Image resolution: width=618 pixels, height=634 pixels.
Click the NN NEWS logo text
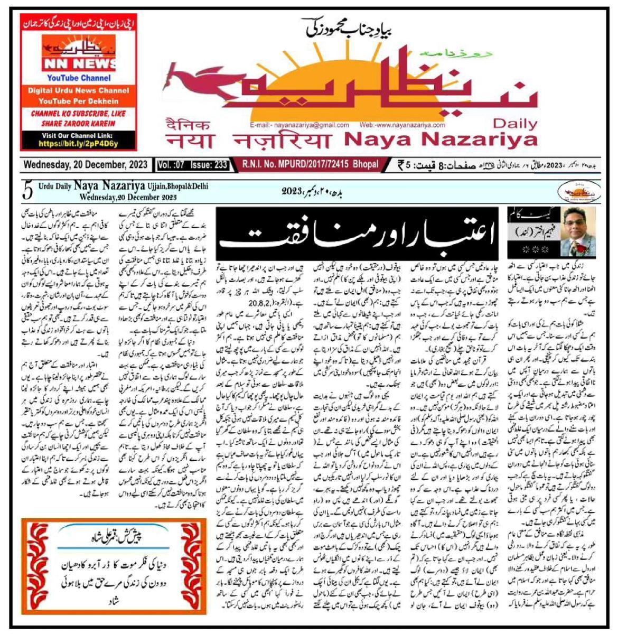78,64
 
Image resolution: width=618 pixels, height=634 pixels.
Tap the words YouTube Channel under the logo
78,78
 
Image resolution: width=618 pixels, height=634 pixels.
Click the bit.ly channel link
78,143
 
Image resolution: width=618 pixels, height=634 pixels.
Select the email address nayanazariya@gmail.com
299,125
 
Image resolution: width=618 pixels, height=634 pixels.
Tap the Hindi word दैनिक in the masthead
188,125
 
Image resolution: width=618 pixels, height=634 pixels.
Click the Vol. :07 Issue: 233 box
193,165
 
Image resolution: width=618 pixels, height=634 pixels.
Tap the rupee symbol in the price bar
402,165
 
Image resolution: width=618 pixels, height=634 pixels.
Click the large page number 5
28,191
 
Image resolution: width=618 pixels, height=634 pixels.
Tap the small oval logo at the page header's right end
579,190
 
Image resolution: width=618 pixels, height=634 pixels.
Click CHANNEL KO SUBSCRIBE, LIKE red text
78,114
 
